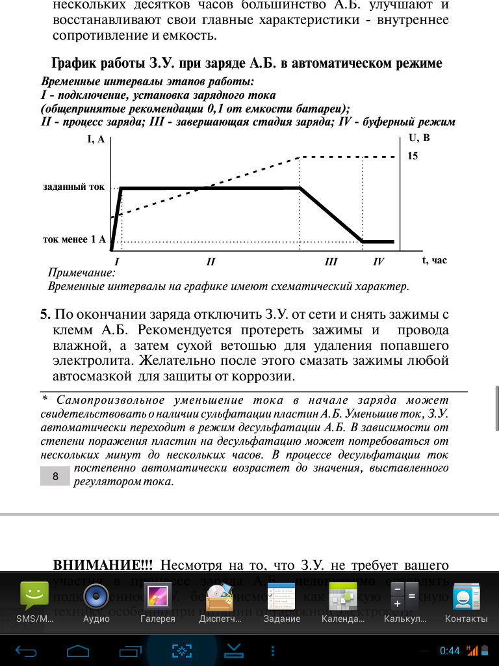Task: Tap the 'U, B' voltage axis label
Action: click(x=419, y=138)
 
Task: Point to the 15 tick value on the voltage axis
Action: click(x=413, y=156)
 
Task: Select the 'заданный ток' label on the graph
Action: click(x=73, y=187)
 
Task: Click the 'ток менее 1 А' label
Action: click(x=74, y=239)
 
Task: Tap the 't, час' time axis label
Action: click(x=435, y=260)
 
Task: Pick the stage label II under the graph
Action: click(x=210, y=262)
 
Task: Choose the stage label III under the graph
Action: click(x=331, y=262)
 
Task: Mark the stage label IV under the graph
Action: click(x=379, y=262)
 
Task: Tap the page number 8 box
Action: click(x=55, y=477)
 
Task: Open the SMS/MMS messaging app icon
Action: click(x=35, y=596)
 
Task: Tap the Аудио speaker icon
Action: click(x=96, y=596)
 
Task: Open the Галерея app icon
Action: click(x=157, y=596)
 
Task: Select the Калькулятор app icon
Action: click(x=403, y=596)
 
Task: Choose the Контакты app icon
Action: click(x=466, y=596)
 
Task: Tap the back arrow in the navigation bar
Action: click(x=27, y=650)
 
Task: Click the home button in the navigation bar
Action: click(x=77, y=650)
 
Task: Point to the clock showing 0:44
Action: click(x=450, y=650)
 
